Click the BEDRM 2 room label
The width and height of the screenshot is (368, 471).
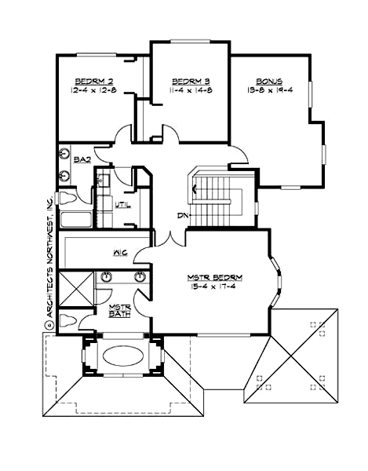(93, 82)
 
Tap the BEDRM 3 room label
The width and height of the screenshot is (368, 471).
(189, 82)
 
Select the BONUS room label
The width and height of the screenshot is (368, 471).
(269, 82)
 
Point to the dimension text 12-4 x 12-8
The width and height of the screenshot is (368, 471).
(93, 91)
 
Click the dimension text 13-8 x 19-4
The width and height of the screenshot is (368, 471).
(269, 91)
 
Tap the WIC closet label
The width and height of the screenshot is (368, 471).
(120, 253)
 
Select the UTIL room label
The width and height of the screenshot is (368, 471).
(122, 206)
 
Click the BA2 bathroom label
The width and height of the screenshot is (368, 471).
(82, 159)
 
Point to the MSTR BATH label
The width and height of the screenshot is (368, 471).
(119, 311)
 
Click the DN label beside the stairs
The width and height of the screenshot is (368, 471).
(181, 216)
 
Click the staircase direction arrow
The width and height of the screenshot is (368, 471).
(199, 187)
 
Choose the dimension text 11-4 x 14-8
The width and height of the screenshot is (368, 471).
(189, 91)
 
